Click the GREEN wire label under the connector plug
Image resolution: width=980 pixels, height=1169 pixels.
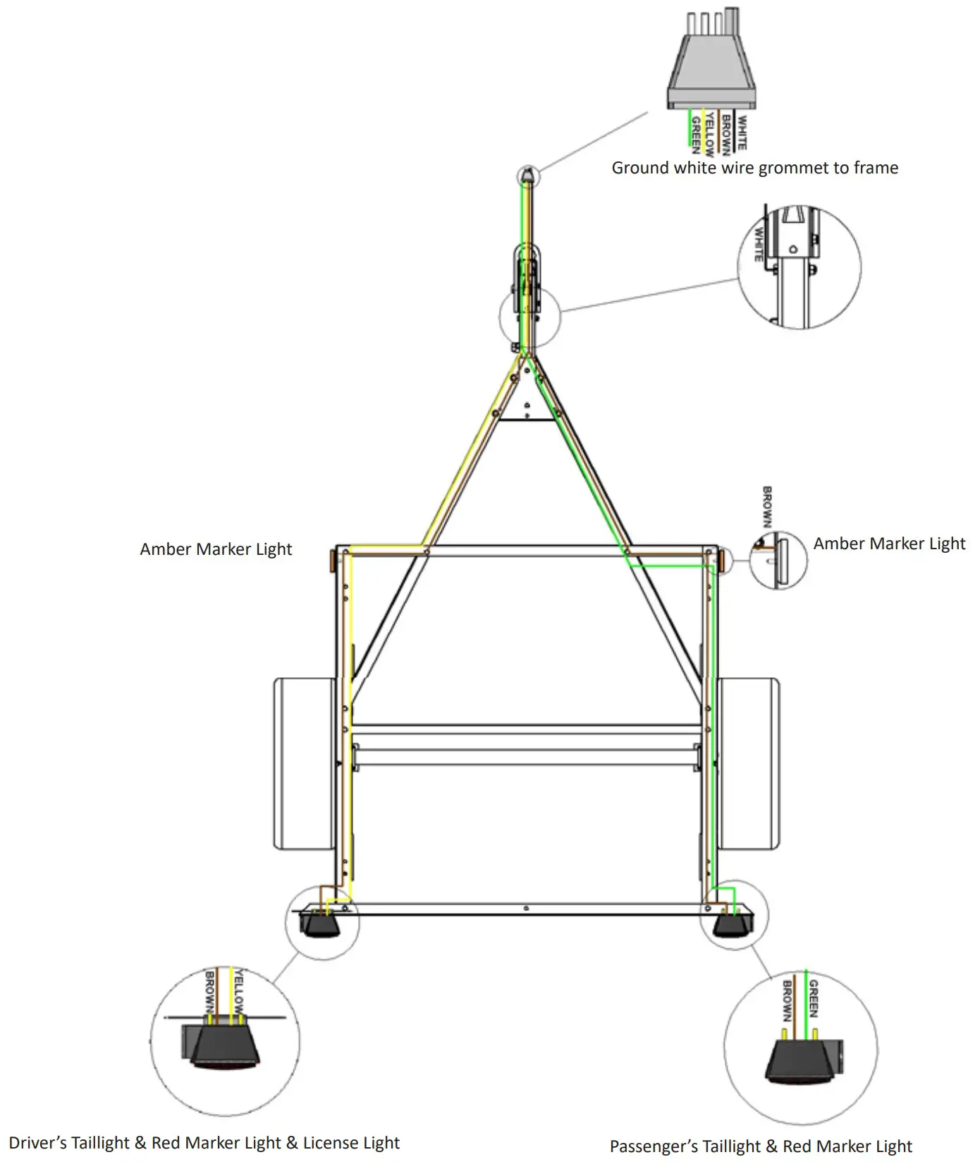coord(695,135)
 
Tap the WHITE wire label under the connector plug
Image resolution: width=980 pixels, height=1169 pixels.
coord(742,132)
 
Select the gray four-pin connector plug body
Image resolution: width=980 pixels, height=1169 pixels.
coord(711,71)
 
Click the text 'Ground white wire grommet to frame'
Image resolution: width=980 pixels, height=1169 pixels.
coord(754,168)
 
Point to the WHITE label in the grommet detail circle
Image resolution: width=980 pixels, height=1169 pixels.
coord(759,244)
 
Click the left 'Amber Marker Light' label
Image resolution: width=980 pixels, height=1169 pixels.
coord(216,549)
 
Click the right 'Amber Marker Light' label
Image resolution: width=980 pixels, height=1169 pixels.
coord(889,544)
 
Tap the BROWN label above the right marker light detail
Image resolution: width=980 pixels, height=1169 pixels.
coord(767,506)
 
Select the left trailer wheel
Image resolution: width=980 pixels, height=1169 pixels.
coord(304,763)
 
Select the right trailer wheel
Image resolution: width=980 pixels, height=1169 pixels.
coord(749,763)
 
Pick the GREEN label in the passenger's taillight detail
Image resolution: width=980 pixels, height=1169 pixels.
coord(814,998)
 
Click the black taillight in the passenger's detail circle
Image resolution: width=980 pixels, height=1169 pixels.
coord(800,1061)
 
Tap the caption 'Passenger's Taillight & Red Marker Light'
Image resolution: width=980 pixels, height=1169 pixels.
coord(761,1146)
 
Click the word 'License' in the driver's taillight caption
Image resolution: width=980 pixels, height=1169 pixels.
coord(330,1143)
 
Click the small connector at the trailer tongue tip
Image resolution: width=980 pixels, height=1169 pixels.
coord(527,177)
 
